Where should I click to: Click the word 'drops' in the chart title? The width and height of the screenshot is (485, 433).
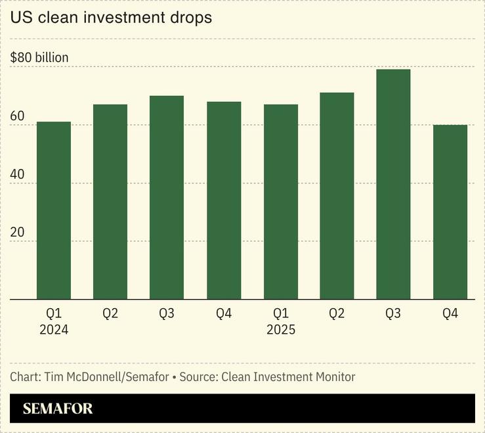[x=190, y=18]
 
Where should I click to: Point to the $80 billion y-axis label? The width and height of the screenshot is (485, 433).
[x=39, y=58]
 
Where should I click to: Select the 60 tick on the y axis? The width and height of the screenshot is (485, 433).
[x=17, y=117]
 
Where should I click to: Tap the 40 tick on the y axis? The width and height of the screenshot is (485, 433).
[x=17, y=175]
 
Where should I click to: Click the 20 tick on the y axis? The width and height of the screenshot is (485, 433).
[x=17, y=233]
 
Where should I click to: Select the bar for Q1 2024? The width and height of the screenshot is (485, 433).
[x=54, y=210]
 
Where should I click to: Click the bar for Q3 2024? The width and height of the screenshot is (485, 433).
[x=167, y=197]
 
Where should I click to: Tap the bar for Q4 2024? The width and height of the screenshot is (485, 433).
[x=224, y=200]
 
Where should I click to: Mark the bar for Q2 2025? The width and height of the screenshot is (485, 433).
[x=337, y=196]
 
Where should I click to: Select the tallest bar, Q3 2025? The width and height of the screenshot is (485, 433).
[x=393, y=184]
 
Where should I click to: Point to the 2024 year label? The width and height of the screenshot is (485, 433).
[x=54, y=330]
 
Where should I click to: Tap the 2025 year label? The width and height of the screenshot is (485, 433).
[x=281, y=330]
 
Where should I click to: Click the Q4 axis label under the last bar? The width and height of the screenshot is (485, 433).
[x=450, y=314]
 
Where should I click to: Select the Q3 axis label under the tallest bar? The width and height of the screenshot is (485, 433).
[x=393, y=314]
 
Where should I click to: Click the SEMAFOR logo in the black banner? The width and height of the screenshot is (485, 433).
[x=58, y=409]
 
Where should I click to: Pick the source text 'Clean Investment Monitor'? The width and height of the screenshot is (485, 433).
[x=288, y=377]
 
